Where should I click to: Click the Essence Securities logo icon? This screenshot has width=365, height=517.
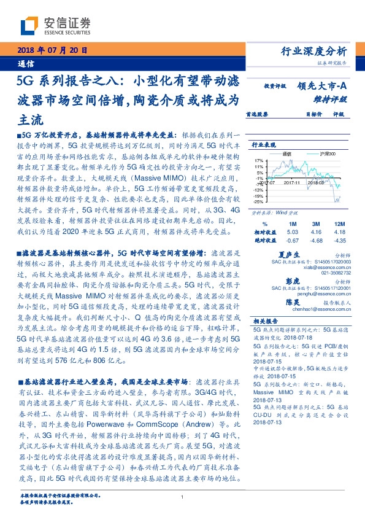(x=28, y=26)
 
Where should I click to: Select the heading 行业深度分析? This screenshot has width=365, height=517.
(x=322, y=51)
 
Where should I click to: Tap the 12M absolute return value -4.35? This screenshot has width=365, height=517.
(x=339, y=241)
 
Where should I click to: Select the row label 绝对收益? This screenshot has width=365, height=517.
(x=264, y=241)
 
